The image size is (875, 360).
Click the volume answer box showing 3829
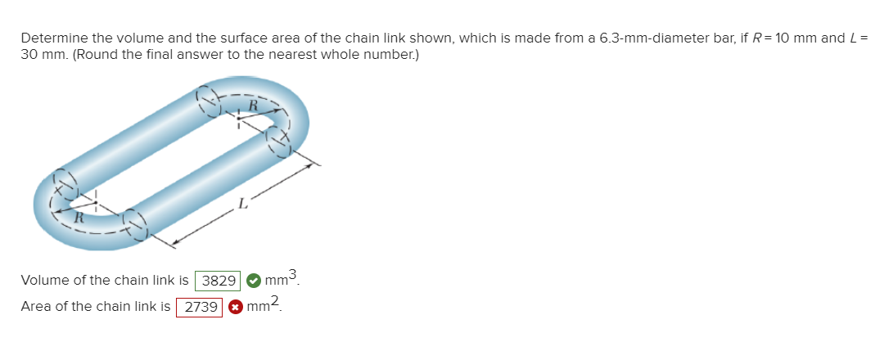[219, 281]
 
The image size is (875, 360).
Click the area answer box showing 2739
[201, 307]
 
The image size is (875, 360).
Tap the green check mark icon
[254, 281]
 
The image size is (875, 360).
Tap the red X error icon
[236, 307]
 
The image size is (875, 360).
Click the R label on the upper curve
[253, 105]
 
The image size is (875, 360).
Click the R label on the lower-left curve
[79, 218]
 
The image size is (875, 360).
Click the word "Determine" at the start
[52, 38]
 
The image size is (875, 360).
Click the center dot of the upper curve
[238, 116]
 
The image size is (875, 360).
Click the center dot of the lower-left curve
[96, 203]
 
